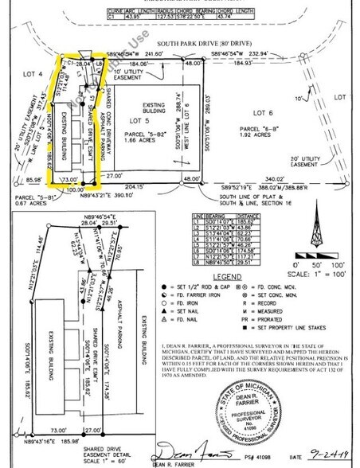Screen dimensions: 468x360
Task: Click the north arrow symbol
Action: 318,213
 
